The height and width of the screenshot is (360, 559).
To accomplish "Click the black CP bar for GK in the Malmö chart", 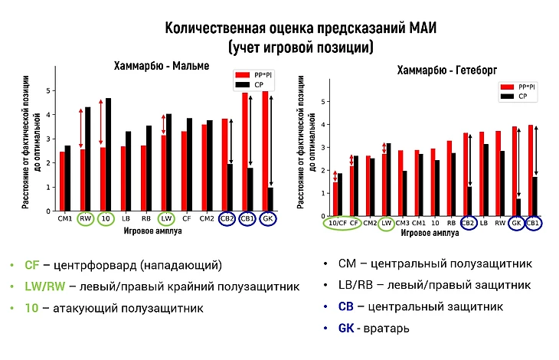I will [x=271, y=199].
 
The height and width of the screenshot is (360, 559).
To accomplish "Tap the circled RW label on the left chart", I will [x=85, y=218].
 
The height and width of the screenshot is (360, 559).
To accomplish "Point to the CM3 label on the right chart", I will [x=403, y=223].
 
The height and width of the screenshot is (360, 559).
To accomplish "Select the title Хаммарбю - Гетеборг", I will [x=447, y=70].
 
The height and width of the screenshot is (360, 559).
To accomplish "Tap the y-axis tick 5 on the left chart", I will [x=50, y=91].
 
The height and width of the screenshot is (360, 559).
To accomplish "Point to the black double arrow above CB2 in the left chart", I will [x=231, y=142].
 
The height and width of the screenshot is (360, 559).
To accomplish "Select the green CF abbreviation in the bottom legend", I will [x=31, y=265].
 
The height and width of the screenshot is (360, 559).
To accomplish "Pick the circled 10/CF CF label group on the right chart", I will [x=343, y=223].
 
